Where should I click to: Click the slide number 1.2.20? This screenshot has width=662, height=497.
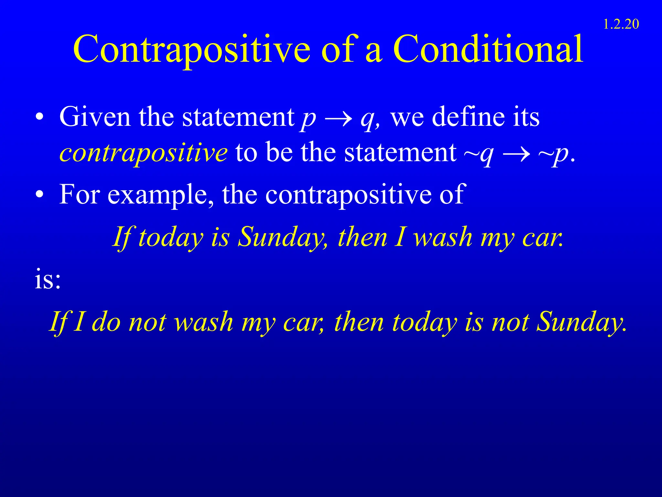tap(621, 25)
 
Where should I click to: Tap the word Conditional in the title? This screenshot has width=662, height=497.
tap(488, 49)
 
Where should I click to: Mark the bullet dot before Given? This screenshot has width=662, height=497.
tap(39, 117)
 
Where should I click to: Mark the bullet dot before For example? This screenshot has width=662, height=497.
tap(39, 195)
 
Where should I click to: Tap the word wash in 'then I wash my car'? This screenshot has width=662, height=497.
tap(443, 237)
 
